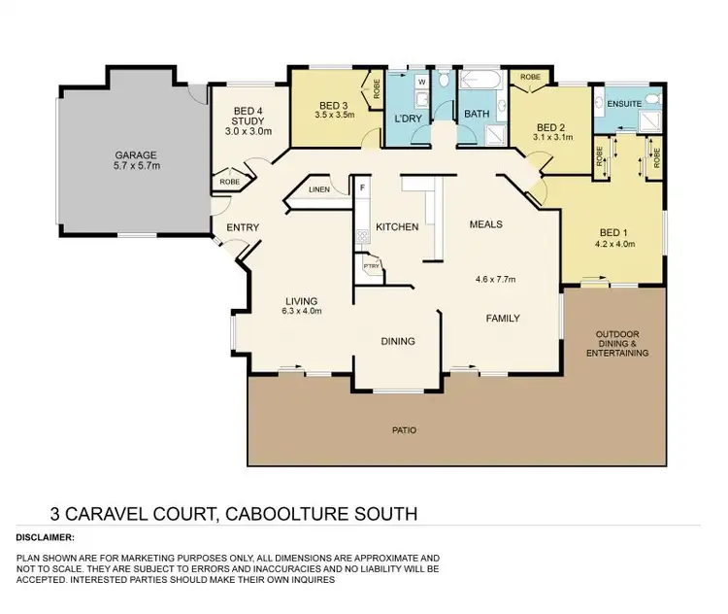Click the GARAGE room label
(x=135, y=154)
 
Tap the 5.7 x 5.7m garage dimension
(x=135, y=166)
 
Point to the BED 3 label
(x=333, y=105)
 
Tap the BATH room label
(x=477, y=114)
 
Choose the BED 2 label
(x=550, y=127)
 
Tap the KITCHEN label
(x=398, y=227)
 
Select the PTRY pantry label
(x=370, y=265)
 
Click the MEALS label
(x=486, y=224)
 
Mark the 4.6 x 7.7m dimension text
(x=495, y=280)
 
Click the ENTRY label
(x=242, y=227)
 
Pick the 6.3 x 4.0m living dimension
(x=302, y=312)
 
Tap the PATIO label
(x=405, y=429)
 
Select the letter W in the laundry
(x=420, y=82)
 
